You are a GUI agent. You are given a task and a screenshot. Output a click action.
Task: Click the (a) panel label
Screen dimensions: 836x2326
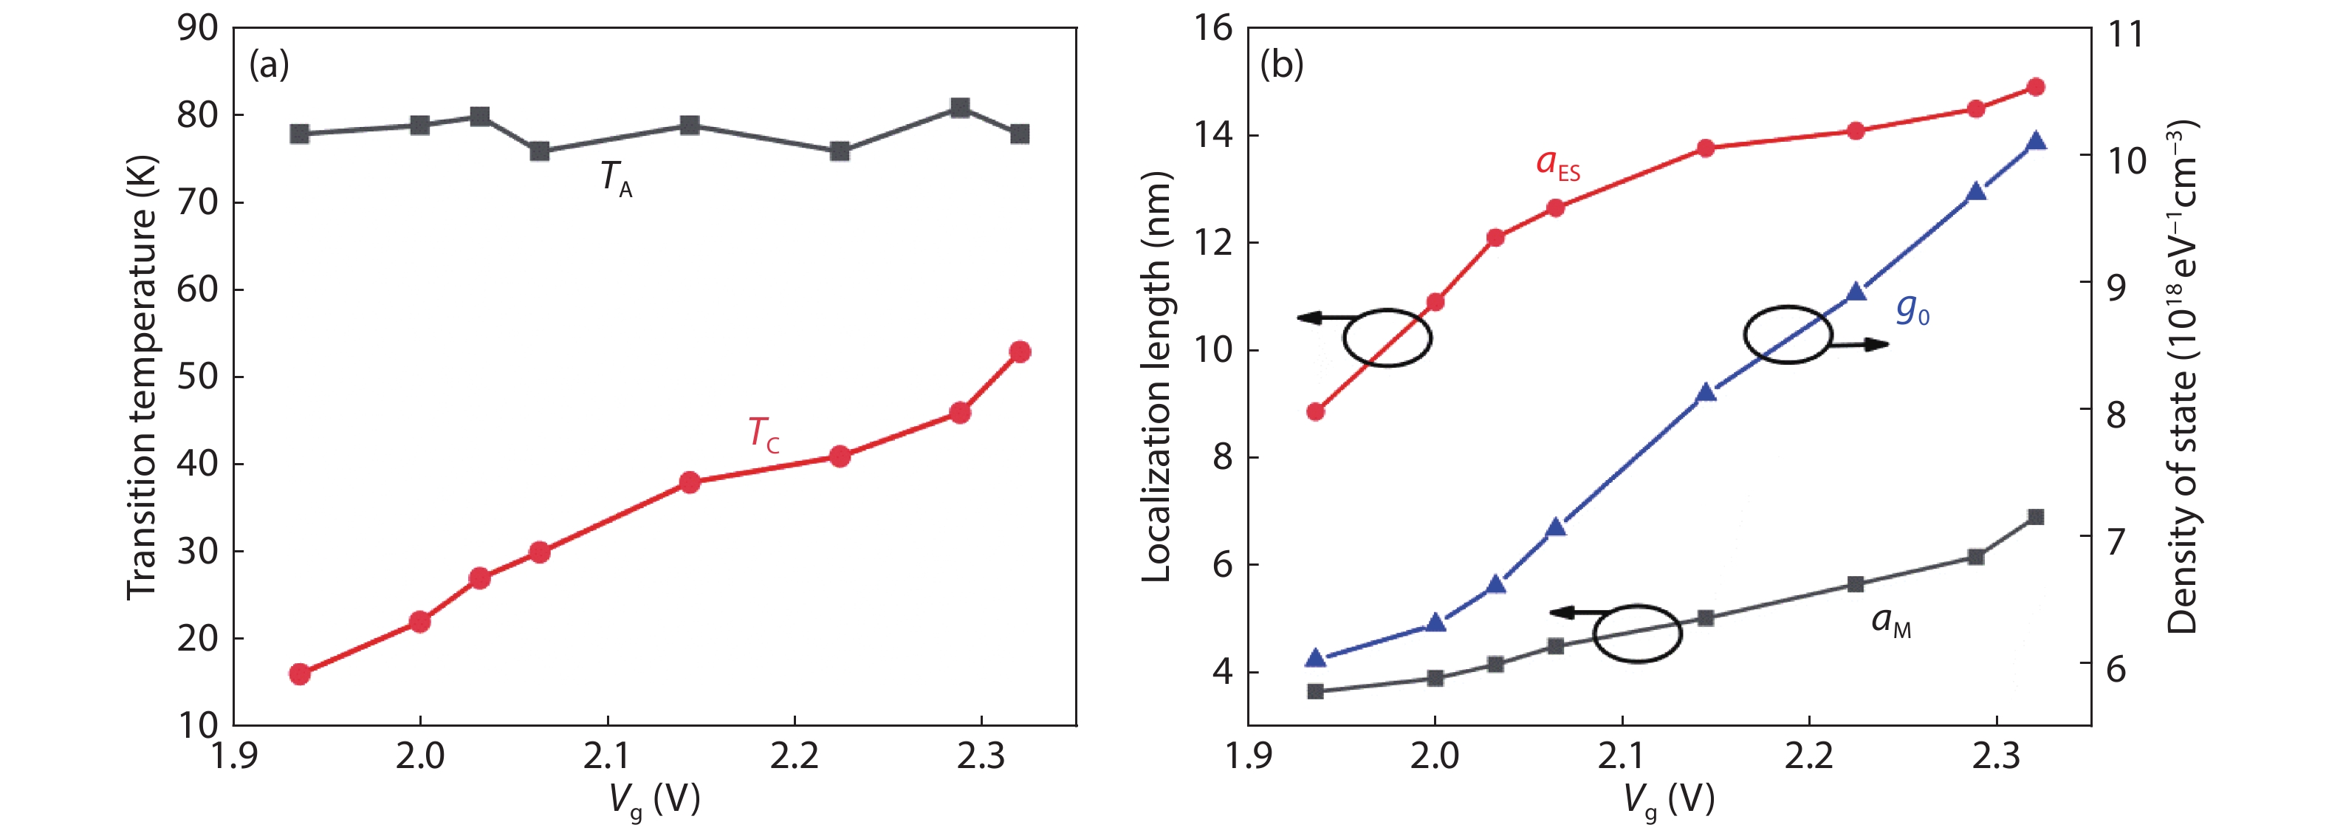tap(269, 65)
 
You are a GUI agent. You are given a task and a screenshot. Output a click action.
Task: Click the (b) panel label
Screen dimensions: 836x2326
tap(1282, 65)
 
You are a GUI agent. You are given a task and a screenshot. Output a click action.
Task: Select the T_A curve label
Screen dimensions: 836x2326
tap(617, 178)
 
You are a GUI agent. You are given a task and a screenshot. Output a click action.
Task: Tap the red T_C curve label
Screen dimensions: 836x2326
tap(763, 434)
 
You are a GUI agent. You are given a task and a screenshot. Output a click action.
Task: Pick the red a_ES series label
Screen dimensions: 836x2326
tap(1557, 164)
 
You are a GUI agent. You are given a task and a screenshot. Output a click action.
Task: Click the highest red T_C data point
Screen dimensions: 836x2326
tap(1020, 352)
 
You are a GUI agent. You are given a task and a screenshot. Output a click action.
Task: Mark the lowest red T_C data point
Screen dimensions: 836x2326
tap(301, 674)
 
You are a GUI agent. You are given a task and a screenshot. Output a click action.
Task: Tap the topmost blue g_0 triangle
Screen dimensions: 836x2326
tap(2036, 142)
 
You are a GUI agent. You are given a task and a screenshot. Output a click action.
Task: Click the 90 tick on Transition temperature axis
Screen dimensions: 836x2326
tap(198, 28)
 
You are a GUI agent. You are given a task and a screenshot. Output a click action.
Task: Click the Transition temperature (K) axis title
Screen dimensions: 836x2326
tap(142, 377)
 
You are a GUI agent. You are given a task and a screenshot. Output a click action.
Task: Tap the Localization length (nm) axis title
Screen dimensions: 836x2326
tap(1156, 377)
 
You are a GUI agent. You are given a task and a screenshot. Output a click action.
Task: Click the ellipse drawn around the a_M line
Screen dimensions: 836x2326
tap(1637, 634)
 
